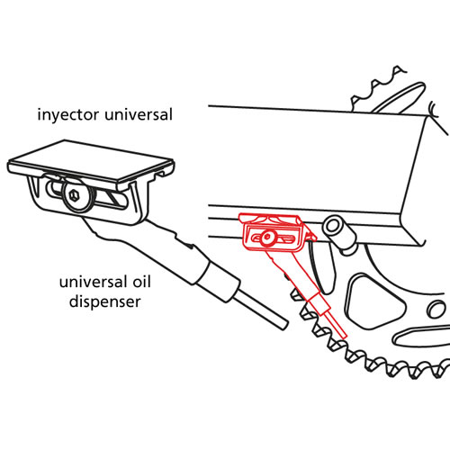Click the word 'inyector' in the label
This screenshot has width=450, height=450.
(68, 115)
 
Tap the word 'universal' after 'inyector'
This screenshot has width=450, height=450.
(138, 114)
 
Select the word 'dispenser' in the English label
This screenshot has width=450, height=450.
(104, 301)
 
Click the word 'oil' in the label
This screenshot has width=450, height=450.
(140, 282)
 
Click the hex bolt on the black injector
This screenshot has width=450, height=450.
(75, 196)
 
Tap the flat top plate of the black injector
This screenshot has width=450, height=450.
(91, 161)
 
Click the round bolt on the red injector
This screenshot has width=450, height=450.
(266, 238)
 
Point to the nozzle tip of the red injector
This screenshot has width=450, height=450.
(337, 328)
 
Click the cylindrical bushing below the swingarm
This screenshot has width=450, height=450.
(339, 233)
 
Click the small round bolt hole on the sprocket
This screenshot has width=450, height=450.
(436, 310)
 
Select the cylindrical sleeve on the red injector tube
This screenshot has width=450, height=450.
(319, 303)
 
